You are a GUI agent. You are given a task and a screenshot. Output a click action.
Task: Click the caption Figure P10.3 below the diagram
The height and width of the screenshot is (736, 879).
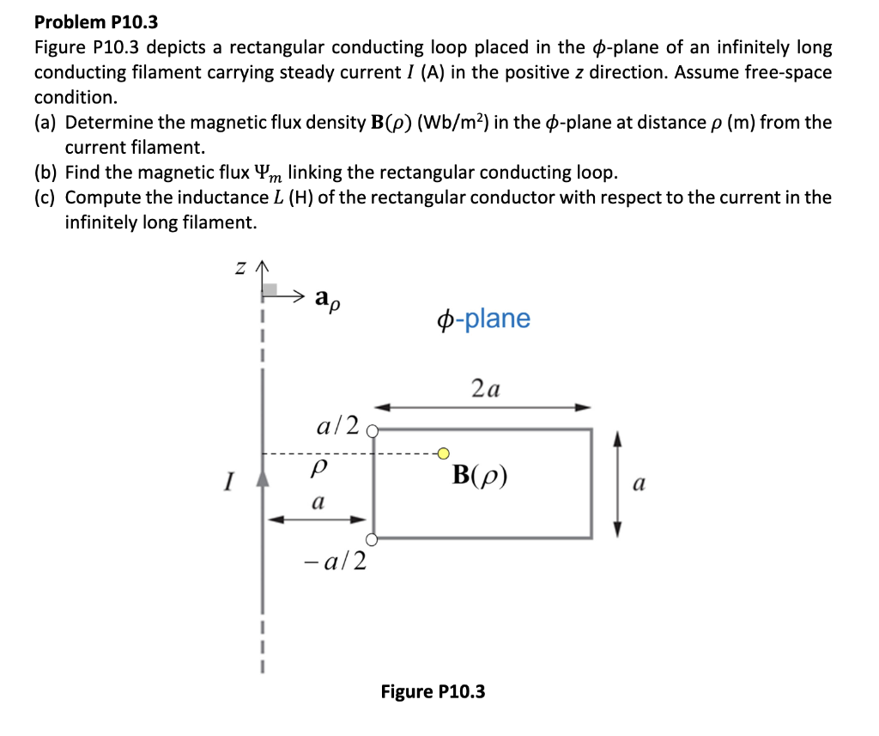(x=433, y=690)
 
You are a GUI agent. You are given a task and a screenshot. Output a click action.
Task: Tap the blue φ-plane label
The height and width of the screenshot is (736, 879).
(x=483, y=319)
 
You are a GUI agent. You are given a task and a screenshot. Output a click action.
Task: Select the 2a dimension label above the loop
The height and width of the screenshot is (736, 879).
(x=486, y=389)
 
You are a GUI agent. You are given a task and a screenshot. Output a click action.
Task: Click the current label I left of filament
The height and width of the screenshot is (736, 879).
(x=227, y=483)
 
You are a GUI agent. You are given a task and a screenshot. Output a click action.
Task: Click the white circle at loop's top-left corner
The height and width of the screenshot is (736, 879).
(x=373, y=432)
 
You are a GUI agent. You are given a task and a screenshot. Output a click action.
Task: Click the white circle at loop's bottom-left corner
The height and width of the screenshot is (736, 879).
(x=372, y=539)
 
